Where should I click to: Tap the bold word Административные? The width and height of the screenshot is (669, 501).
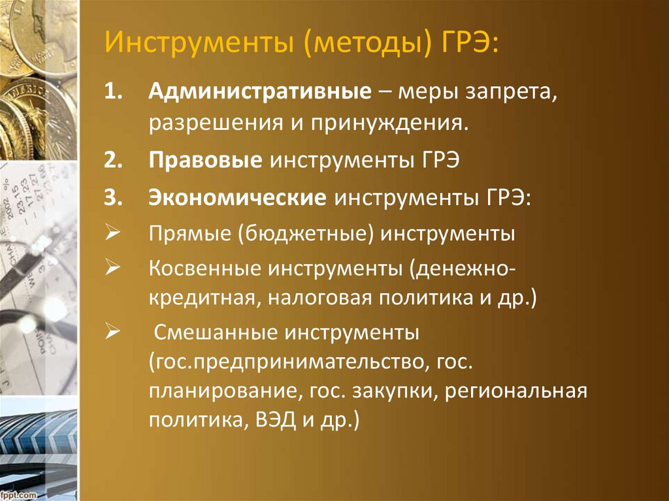coord(260,91)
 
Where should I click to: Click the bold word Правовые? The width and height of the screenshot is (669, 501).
coord(205,161)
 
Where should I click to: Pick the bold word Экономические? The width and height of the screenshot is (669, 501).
coord(237,198)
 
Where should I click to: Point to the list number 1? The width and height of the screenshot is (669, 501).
coord(114,91)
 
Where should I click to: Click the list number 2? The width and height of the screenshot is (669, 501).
coord(114,161)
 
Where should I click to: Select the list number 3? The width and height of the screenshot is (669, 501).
coord(114,198)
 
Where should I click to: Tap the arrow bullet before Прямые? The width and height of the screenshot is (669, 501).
coord(112,233)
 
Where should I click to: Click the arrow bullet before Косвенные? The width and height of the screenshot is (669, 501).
coord(112,268)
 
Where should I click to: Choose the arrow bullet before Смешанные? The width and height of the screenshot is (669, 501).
coord(112,332)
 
